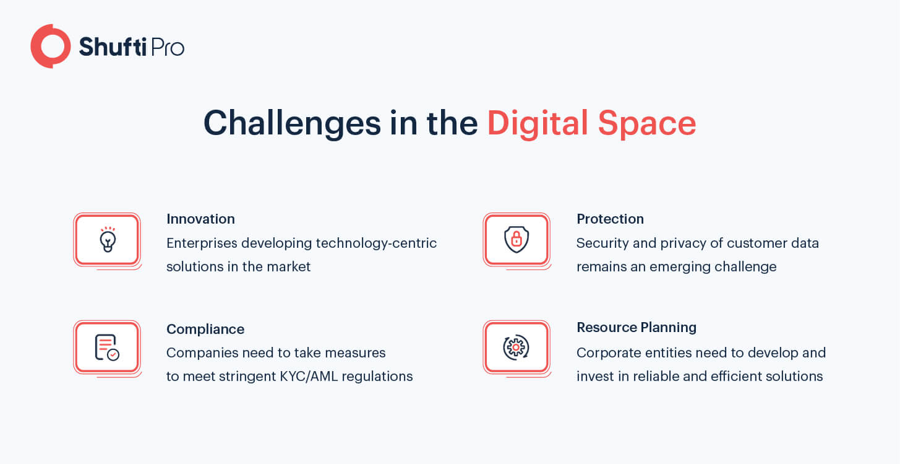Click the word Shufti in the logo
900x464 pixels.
tap(113, 46)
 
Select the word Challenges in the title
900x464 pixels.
tap(292, 123)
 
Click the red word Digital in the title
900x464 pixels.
tap(538, 123)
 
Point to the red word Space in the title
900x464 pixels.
tap(647, 124)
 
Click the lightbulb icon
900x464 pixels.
tap(108, 240)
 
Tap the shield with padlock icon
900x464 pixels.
tap(516, 240)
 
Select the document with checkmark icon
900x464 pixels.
tap(107, 348)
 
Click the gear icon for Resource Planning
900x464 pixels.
tap(516, 347)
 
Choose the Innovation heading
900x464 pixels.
tap(200, 219)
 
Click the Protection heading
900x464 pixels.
tap(610, 219)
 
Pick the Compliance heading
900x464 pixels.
tap(205, 329)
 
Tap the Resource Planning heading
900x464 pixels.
tap(636, 328)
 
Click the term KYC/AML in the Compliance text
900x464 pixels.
tap(309, 376)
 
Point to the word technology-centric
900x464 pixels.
tap(376, 243)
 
